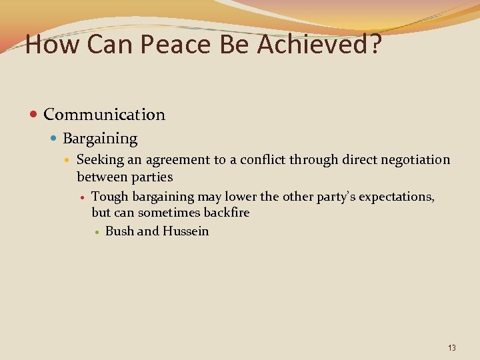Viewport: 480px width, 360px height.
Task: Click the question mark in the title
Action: pos(375,45)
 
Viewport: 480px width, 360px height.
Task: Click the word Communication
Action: pos(104,115)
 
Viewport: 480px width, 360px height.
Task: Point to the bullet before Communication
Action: pos(34,115)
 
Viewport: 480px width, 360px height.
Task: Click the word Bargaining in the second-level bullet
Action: pos(100,139)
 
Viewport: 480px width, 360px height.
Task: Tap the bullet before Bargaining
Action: pos(54,139)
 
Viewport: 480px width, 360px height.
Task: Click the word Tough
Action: pos(110,197)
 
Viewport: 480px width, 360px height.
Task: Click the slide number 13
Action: pos(452,348)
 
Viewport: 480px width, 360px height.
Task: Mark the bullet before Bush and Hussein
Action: pos(97,232)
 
